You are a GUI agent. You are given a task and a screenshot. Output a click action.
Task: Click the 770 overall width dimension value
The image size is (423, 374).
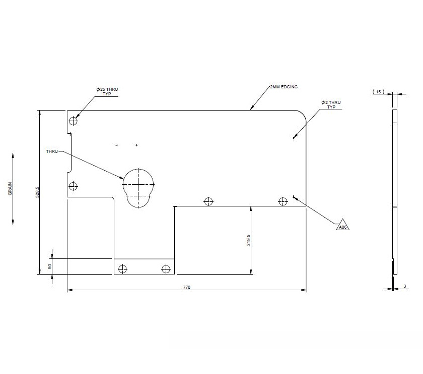coord(187,287)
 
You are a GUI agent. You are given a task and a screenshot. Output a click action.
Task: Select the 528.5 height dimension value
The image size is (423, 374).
coord(37,193)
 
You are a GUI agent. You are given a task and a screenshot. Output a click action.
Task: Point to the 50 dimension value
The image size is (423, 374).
coord(50,266)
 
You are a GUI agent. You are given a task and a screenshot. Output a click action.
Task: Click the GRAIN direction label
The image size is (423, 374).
coord(10,190)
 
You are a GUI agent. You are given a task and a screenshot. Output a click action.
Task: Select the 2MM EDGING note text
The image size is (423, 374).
coord(284,87)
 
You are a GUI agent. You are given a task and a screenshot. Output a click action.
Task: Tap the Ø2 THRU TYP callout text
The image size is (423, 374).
coord(331,104)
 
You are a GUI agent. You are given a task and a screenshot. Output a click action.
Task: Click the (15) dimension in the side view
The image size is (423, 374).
coord(378,92)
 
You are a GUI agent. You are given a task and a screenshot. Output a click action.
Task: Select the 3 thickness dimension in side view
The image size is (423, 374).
coord(404,287)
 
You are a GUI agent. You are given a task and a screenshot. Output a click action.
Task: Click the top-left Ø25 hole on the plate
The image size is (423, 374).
coord(74,121)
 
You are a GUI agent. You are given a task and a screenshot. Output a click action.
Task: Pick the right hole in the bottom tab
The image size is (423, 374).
coord(165,269)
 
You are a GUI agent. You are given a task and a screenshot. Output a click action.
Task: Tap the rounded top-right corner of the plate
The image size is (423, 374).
coord(302,115)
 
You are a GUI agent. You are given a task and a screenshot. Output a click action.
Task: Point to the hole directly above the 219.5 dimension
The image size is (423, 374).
coord(208,202)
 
